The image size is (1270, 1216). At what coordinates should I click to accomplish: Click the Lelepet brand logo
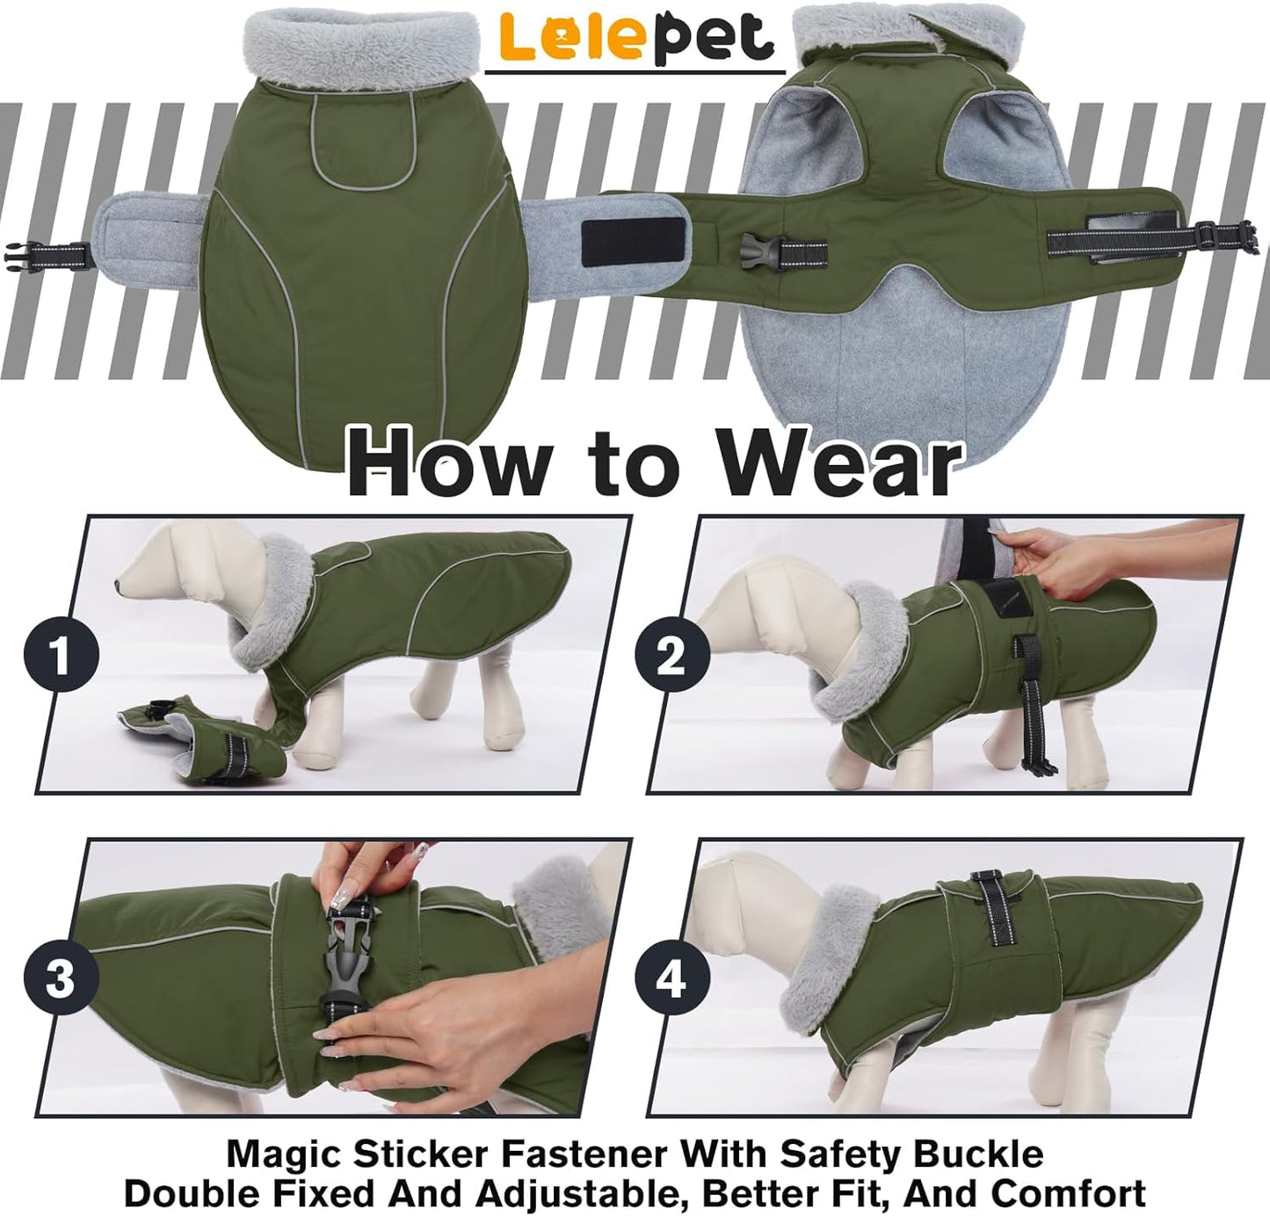635,37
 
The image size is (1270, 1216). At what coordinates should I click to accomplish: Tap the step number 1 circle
59,656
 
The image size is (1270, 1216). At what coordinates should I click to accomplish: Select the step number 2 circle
671,656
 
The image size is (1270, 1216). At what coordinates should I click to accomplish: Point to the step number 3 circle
59,979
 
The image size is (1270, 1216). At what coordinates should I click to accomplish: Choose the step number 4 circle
671,979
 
